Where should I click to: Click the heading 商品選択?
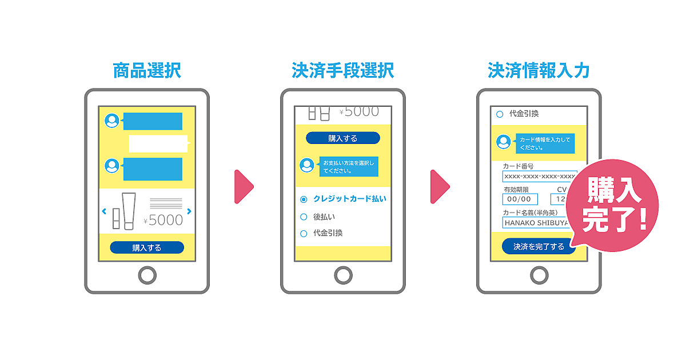[147, 71]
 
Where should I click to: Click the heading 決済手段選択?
[342, 71]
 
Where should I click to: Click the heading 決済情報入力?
[539, 71]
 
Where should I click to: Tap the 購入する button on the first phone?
[147, 247]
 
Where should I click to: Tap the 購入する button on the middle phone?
[342, 138]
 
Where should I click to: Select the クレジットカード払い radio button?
[304, 199]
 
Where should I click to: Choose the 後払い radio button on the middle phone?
[304, 217]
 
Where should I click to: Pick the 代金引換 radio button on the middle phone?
[304, 233]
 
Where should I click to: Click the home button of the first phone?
[147, 275]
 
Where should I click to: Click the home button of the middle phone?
[343, 275]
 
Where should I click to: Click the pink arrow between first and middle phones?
[243, 186]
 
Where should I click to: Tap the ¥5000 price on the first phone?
[163, 220]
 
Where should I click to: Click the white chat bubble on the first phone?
[158, 144]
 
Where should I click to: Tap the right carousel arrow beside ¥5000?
[189, 211]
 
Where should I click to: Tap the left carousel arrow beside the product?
[104, 211]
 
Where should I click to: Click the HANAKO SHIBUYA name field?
[537, 222]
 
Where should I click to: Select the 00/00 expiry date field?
[520, 199]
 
